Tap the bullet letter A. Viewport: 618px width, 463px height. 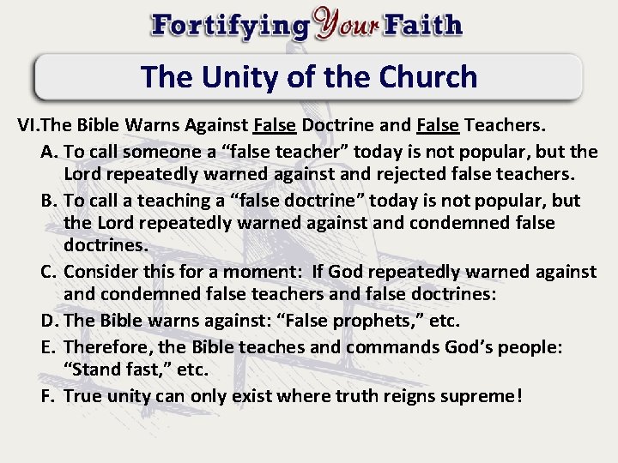pos(49,152)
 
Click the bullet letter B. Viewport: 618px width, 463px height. pos(49,201)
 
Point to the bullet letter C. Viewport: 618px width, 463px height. pos(49,273)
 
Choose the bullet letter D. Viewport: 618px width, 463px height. pos(49,322)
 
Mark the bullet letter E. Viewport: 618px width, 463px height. pos(49,346)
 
